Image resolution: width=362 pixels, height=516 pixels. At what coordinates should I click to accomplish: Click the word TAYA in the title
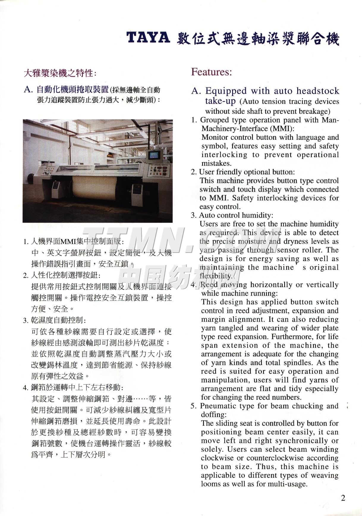[x=148, y=39]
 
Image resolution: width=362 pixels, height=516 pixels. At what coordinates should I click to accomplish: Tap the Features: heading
[x=211, y=72]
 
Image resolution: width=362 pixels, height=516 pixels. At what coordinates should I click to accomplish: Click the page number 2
[x=343, y=498]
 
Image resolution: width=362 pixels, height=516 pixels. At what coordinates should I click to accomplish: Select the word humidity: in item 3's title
[x=259, y=215]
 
